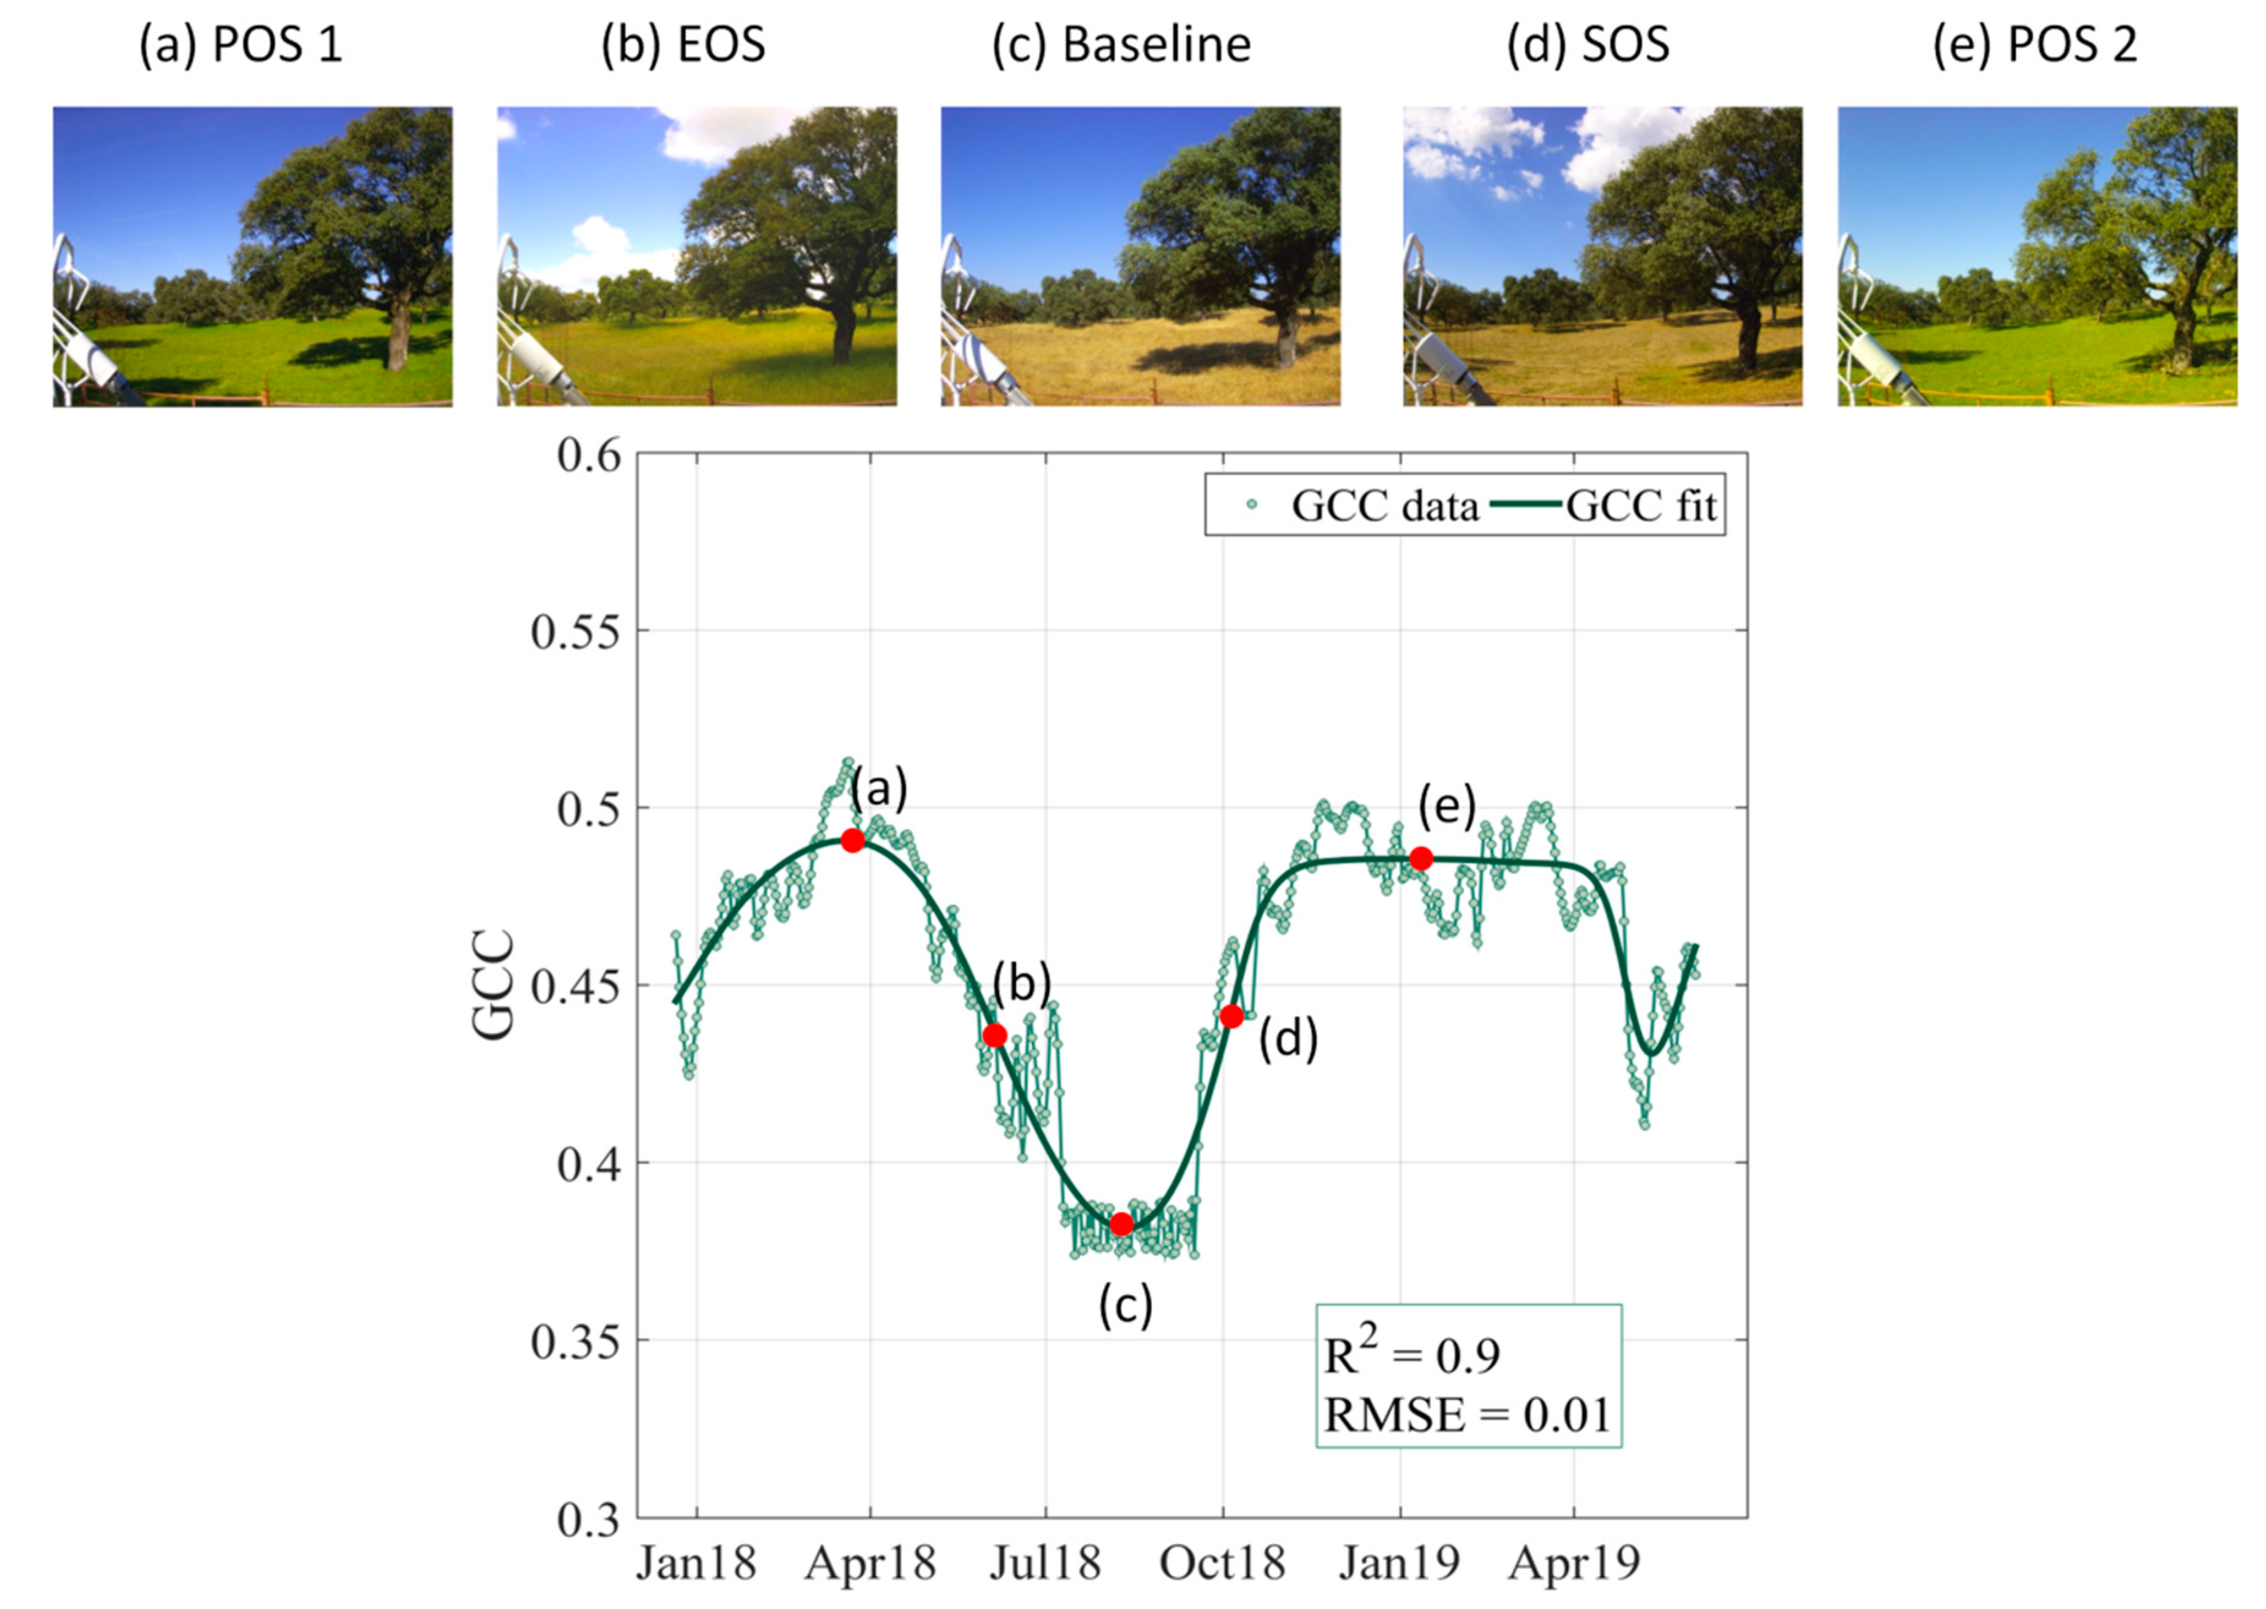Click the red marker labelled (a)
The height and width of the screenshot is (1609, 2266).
(852, 840)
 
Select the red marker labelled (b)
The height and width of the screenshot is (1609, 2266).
(995, 1035)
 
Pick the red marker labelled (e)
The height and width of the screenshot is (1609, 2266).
(1421, 858)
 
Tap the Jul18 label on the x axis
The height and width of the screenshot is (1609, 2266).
(1046, 1564)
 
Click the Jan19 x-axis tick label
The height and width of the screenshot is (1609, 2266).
(1399, 1564)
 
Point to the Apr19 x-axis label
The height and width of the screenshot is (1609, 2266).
(1575, 1564)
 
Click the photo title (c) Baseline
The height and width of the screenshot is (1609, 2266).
(1121, 45)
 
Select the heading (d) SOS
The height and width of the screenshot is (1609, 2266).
(1588, 45)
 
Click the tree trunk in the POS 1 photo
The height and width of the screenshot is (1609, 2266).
(398, 337)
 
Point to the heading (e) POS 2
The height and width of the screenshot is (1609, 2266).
(2035, 45)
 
